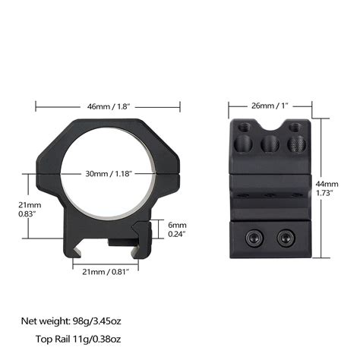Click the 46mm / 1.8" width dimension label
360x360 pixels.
tap(109, 106)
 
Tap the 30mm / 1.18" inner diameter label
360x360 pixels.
tap(109, 174)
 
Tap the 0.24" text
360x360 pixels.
tap(177, 235)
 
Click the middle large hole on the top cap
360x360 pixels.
tap(269, 144)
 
